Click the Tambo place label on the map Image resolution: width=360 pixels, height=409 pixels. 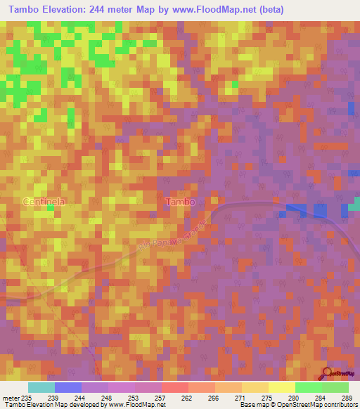coord(180,202)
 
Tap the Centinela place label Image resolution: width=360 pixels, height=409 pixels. coord(44,201)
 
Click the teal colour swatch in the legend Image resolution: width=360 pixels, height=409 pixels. coord(41,387)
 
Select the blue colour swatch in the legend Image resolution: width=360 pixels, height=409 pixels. coord(68,387)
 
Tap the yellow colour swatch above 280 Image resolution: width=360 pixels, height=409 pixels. coord(281,387)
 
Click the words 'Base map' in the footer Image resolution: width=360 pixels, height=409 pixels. coord(254,405)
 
